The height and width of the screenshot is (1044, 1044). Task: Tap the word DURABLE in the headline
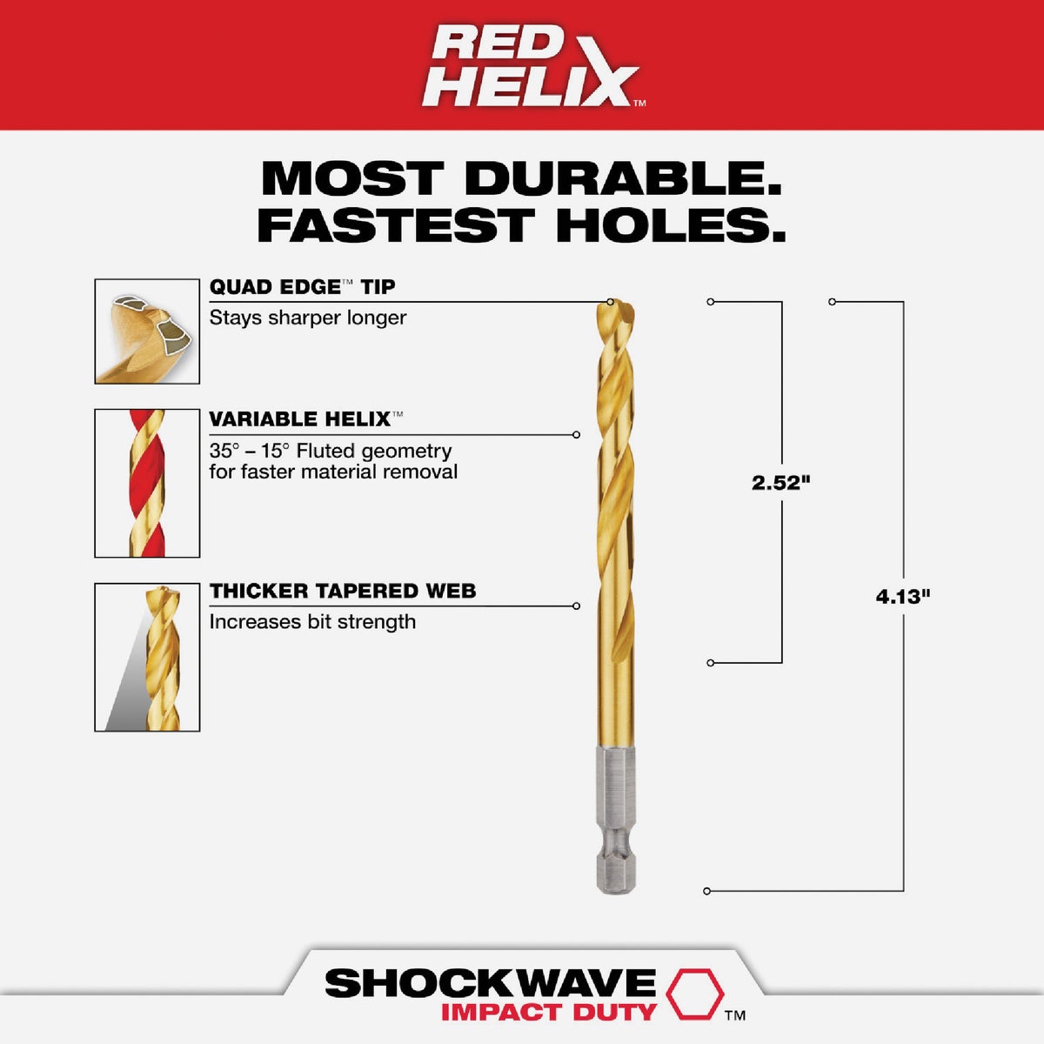click(622, 178)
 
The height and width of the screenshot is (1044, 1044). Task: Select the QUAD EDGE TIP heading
click(302, 287)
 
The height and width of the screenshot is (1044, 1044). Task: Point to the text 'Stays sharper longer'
click(307, 318)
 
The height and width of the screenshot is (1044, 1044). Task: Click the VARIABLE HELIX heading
click(300, 419)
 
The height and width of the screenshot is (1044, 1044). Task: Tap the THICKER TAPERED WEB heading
click(342, 592)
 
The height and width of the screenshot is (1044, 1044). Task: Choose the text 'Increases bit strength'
click(312, 622)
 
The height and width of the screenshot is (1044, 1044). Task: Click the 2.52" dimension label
click(780, 483)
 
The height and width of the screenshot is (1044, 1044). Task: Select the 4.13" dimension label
click(903, 597)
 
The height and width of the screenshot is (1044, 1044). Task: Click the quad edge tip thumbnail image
click(147, 331)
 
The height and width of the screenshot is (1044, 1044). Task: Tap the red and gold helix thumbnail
click(147, 483)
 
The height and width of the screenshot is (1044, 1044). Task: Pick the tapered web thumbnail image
click(147, 657)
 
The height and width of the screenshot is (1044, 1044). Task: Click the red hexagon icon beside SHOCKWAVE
click(693, 994)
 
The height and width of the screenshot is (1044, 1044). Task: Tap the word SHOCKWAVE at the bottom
click(490, 983)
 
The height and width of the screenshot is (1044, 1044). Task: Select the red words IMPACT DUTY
click(548, 1012)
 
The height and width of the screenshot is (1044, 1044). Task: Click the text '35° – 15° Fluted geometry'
click(331, 451)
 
